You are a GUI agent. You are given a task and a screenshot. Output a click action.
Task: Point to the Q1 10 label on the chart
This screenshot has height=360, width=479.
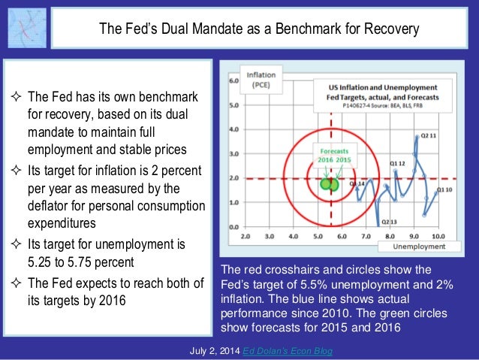point(445,189)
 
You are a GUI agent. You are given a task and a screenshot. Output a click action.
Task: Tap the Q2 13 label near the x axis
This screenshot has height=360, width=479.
point(388,222)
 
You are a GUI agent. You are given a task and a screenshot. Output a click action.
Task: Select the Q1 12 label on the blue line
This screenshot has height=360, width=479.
point(397,163)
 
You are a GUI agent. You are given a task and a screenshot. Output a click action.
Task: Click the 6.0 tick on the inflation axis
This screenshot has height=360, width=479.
point(233,80)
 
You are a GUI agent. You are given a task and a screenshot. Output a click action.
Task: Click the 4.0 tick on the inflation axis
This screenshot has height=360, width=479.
point(233,129)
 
